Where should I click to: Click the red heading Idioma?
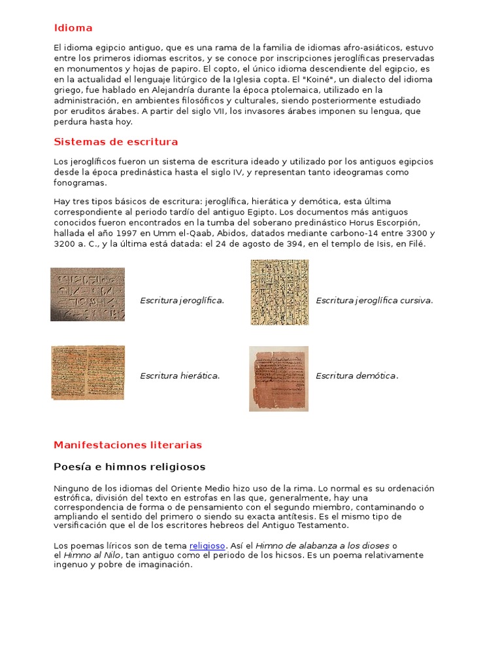point(73,28)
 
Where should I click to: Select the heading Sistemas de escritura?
point(116,142)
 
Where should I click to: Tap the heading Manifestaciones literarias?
point(127,445)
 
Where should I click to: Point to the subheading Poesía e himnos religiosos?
point(129,467)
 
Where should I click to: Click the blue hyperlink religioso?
point(207,545)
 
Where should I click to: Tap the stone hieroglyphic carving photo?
point(88,294)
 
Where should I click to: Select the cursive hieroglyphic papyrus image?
point(280,292)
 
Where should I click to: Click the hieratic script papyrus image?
point(88,372)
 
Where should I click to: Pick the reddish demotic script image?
point(278,379)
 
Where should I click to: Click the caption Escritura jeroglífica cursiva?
point(375,300)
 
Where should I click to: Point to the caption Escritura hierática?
point(180,376)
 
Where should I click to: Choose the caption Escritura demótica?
point(357,376)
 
